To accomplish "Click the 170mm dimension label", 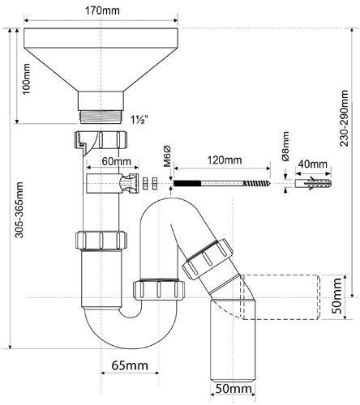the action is pyautogui.click(x=102, y=11).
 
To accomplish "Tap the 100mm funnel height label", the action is pyautogui.click(x=27, y=79).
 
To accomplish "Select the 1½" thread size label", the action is pyautogui.click(x=139, y=120).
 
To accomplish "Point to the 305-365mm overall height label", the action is pyautogui.click(x=19, y=210).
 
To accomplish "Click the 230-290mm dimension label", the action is pyautogui.click(x=344, y=118).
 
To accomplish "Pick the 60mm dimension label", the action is pyautogui.click(x=116, y=161).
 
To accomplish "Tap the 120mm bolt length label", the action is pyautogui.click(x=224, y=160).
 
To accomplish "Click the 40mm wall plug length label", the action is pyautogui.click(x=312, y=164).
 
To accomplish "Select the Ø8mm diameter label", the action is pyautogui.click(x=285, y=146).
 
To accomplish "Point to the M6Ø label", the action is pyautogui.click(x=167, y=156).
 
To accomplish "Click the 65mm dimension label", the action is pyautogui.click(x=130, y=365).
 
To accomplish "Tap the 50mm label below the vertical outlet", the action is pyautogui.click(x=233, y=389).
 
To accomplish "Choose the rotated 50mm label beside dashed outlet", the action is pyautogui.click(x=336, y=296).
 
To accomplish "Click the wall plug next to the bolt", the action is pyautogui.click(x=313, y=183).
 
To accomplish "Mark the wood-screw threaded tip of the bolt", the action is pyautogui.click(x=257, y=183).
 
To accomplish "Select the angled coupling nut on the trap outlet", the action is pyautogui.click(x=208, y=258).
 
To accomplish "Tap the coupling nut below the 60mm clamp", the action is pyautogui.click(x=101, y=240).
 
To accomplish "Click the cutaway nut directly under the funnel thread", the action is pyautogui.click(x=101, y=139).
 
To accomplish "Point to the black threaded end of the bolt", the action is pyautogui.click(x=186, y=184).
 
